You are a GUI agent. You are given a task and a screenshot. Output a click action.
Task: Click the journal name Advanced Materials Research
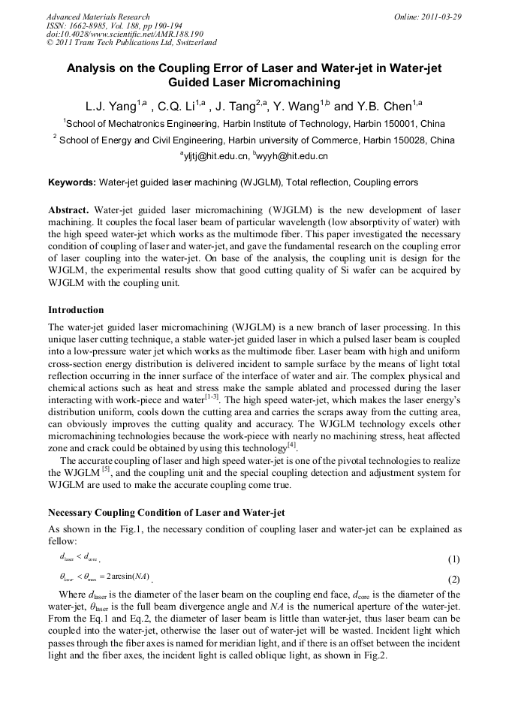pyautogui.click(x=98, y=17)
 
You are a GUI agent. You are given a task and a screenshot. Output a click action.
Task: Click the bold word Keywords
pyautogui.click(x=71, y=182)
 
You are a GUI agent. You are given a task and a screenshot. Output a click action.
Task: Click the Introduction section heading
pyautogui.click(x=76, y=310)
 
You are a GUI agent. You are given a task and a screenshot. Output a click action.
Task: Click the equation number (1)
pyautogui.click(x=453, y=559)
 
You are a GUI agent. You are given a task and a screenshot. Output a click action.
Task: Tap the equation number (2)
pyautogui.click(x=453, y=580)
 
